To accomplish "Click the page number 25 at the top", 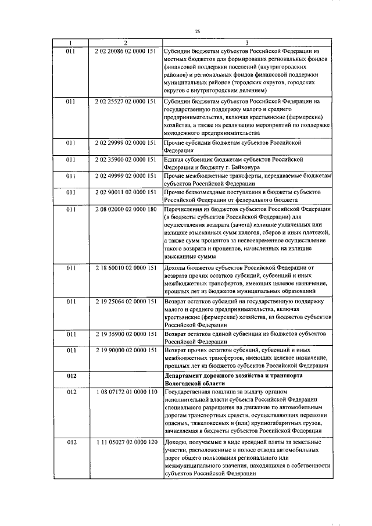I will click(198, 31).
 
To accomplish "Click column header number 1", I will click(70, 42).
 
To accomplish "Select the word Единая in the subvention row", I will click(176, 159).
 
